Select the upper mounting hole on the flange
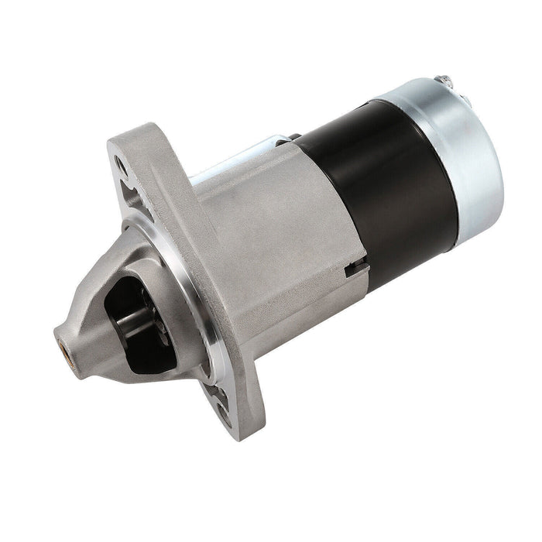pyautogui.click(x=121, y=164)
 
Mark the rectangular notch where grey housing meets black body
pyautogui.click(x=358, y=269)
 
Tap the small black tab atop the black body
pyautogui.click(x=296, y=137)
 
